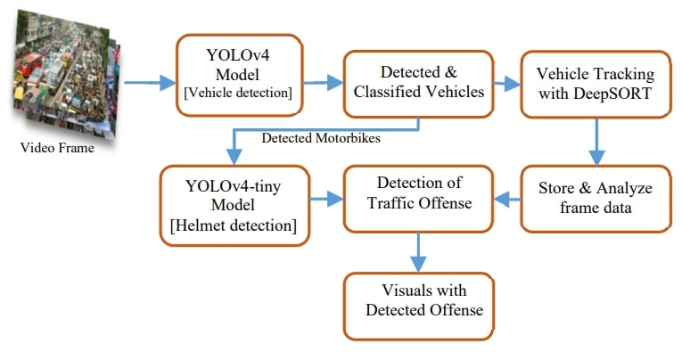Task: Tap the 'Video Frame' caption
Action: click(57, 148)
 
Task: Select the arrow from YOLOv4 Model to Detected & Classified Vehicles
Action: click(322, 83)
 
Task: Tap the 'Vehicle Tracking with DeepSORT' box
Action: click(595, 83)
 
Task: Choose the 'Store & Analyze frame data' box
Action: click(595, 198)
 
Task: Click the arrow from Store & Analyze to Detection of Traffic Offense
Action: click(508, 198)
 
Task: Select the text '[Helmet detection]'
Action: click(234, 225)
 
